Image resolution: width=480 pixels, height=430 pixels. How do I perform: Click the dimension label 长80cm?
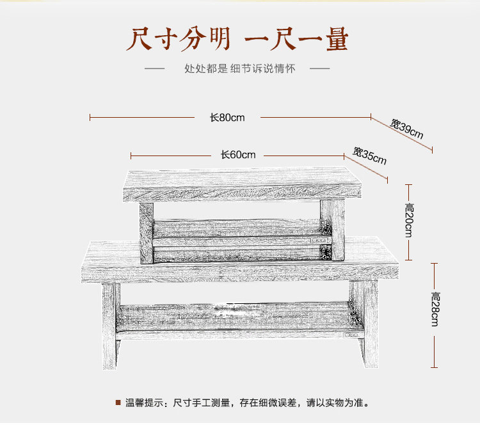pos(227,117)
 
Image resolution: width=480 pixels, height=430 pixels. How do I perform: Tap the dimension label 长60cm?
pos(238,155)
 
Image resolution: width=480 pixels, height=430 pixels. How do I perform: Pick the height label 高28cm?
pos(435,309)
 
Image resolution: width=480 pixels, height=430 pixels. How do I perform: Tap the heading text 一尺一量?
pos(297,39)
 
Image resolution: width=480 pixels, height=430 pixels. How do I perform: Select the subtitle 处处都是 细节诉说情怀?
pos(239,68)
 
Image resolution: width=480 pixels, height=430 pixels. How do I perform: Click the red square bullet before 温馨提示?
pos(118,402)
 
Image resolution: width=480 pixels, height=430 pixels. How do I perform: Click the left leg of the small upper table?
pos(147,234)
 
